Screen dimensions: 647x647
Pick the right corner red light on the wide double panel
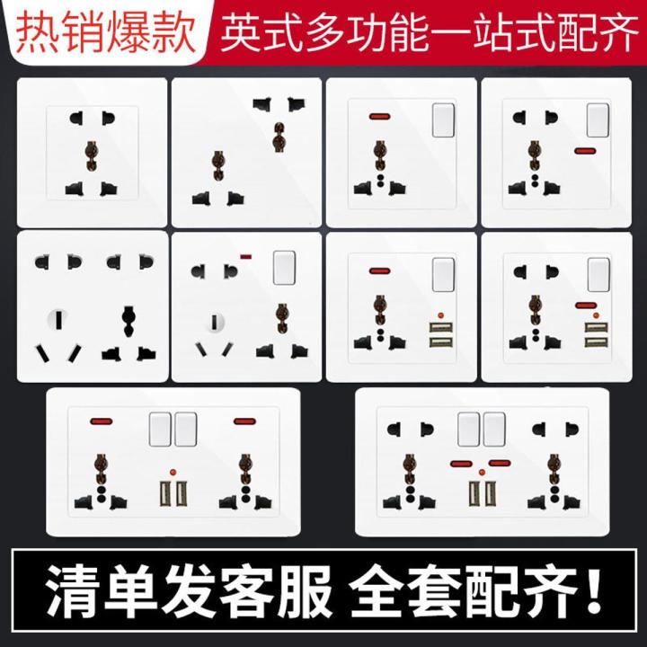(244, 421)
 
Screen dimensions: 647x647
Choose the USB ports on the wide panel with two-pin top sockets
(480, 493)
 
